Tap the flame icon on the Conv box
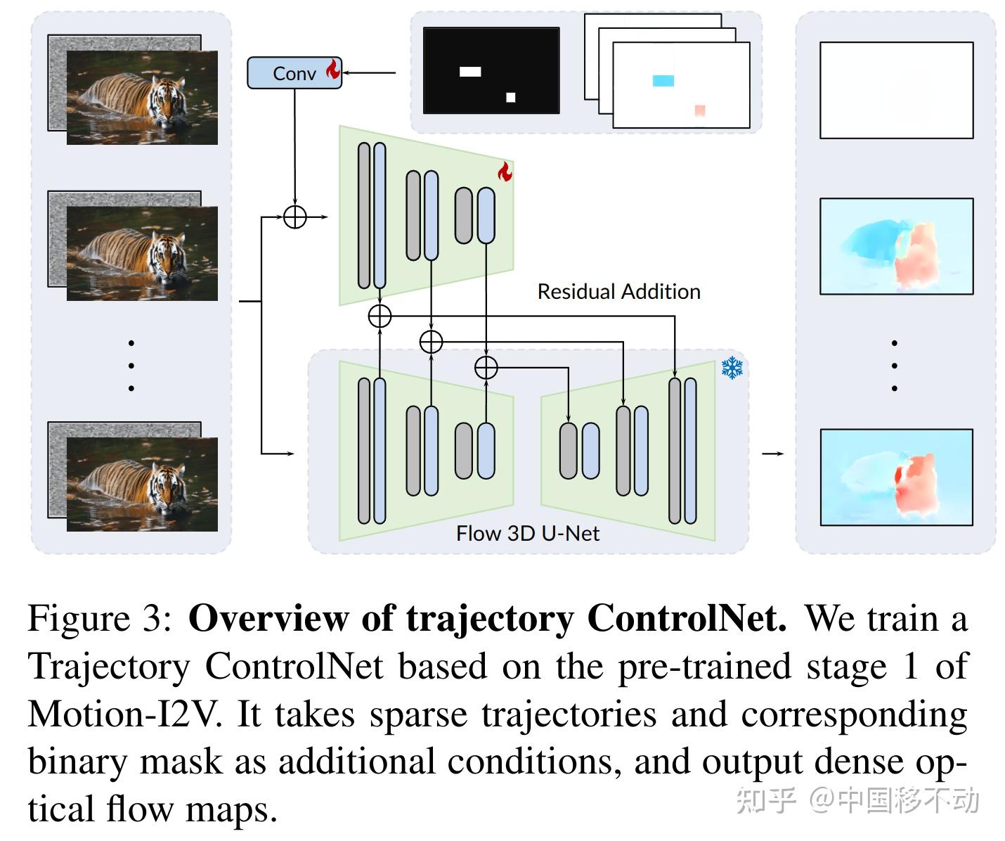point(332,70)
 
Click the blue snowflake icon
point(732,368)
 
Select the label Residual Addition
point(618,292)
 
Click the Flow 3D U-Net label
point(527,533)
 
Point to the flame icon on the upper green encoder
point(505,171)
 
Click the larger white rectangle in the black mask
point(470,72)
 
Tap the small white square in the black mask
point(511,97)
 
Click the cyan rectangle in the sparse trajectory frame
point(663,81)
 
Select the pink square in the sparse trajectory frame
point(699,110)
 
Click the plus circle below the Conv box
point(295,217)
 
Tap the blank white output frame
point(896,90)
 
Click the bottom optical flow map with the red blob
point(896,477)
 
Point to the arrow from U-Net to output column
point(772,454)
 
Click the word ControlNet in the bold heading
point(686,619)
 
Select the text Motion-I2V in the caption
point(124,714)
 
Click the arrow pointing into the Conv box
point(369,72)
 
